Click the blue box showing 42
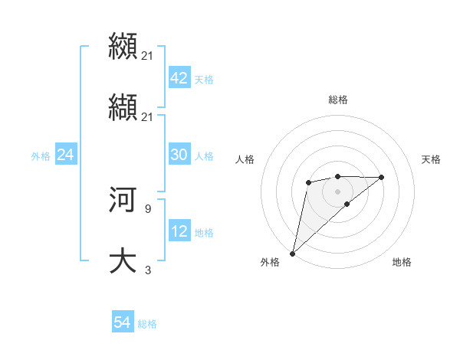click(x=179, y=78)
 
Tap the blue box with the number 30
click(x=179, y=155)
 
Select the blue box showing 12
click(x=179, y=231)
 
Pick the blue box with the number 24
click(x=65, y=155)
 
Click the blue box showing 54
click(x=122, y=322)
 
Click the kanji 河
click(x=123, y=200)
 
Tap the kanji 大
click(x=123, y=261)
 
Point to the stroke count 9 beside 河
click(x=147, y=208)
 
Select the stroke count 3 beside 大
click(x=147, y=270)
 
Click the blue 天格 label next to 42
click(x=204, y=80)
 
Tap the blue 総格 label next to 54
click(x=147, y=324)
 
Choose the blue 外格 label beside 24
click(x=41, y=156)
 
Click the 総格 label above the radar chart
click(x=337, y=100)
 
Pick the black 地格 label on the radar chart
click(x=402, y=262)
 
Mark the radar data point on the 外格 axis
click(x=293, y=253)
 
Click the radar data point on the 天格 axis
click(x=382, y=177)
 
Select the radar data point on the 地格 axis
click(x=347, y=204)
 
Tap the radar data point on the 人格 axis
click(x=308, y=182)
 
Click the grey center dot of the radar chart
click(x=337, y=191)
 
